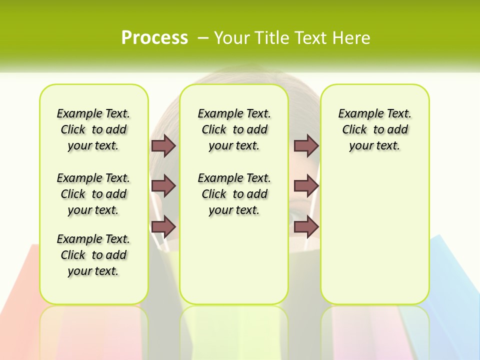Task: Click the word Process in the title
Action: pyautogui.click(x=154, y=37)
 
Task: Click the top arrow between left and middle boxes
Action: pyautogui.click(x=163, y=145)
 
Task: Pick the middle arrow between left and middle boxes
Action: pyautogui.click(x=163, y=186)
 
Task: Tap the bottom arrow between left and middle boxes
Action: pyautogui.click(x=163, y=226)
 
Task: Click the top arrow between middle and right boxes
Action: pyautogui.click(x=306, y=145)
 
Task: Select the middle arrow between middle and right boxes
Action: pyautogui.click(x=306, y=186)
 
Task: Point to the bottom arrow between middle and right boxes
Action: pyautogui.click(x=306, y=226)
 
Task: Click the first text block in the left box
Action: pyautogui.click(x=93, y=129)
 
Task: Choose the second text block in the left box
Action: pyautogui.click(x=93, y=194)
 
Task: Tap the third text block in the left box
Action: pyautogui.click(x=93, y=255)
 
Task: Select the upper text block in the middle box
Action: pyautogui.click(x=234, y=129)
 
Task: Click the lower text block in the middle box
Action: pyautogui.click(x=234, y=194)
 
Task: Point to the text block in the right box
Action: pyautogui.click(x=374, y=129)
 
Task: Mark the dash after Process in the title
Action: pyautogui.click(x=203, y=37)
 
